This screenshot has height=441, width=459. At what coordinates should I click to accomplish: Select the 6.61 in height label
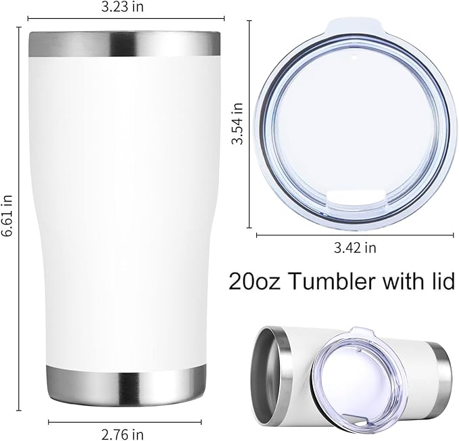[7, 215]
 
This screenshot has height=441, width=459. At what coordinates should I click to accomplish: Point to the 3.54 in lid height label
[237, 124]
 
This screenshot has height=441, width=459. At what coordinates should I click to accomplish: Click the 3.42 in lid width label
[356, 248]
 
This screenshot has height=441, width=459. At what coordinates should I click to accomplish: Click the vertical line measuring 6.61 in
[19, 223]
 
